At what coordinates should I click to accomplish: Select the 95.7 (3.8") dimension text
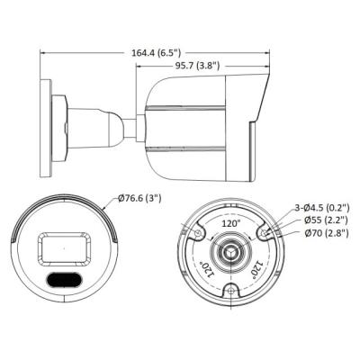pos(208,65)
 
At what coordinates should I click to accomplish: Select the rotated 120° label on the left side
pos(202,268)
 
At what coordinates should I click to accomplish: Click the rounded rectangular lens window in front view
pos(62,246)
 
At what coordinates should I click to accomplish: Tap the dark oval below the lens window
pos(62,278)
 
